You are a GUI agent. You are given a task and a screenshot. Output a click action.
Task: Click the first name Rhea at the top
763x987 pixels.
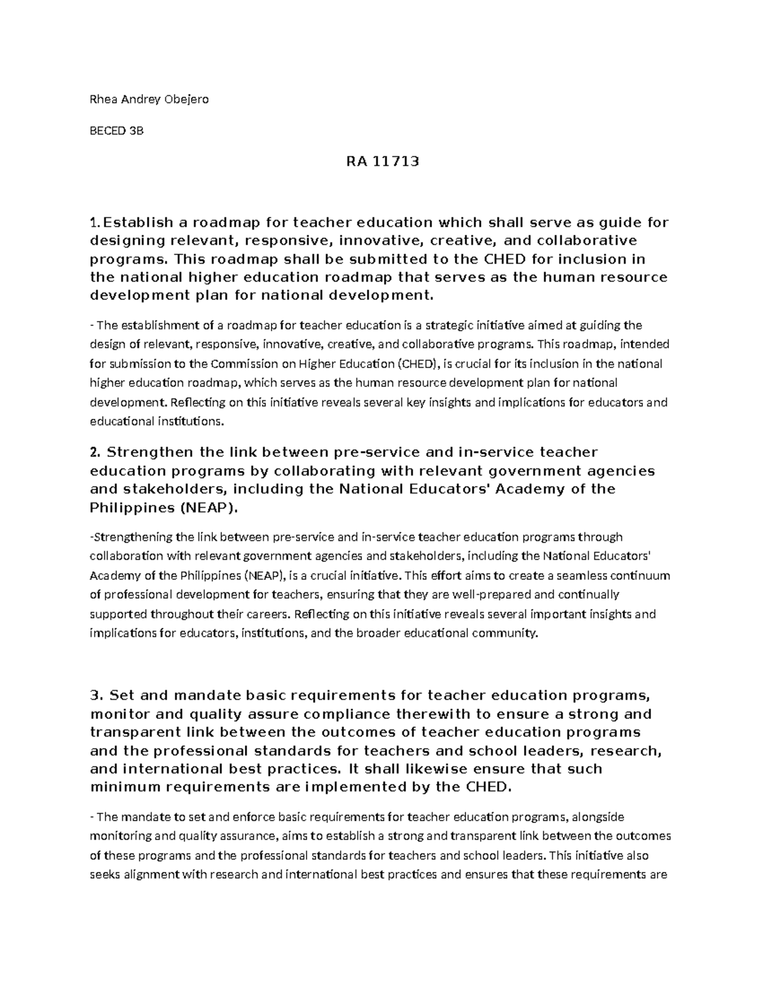click(x=101, y=99)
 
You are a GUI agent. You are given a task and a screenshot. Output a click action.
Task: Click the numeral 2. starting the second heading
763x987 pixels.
click(x=96, y=453)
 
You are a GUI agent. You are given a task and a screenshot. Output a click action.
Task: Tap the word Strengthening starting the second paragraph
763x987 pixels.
click(x=133, y=537)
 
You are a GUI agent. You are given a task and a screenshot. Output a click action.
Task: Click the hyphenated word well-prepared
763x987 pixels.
click(x=500, y=595)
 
